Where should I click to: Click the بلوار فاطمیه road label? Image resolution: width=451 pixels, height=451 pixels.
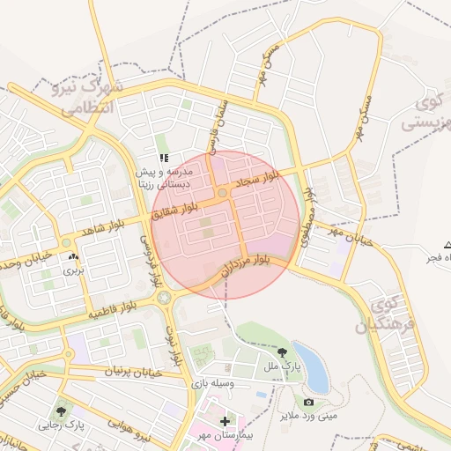point(112,308)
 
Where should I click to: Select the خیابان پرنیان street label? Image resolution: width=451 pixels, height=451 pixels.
point(136,372)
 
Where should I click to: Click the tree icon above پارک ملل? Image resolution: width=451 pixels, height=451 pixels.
point(281,352)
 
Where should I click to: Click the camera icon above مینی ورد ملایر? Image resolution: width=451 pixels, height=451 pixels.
point(308,403)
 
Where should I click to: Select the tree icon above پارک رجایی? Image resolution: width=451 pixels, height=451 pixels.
point(61,410)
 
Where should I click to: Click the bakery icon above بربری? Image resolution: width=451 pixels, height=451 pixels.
point(72,258)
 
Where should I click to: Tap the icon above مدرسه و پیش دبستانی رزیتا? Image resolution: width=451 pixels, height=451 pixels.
point(163,158)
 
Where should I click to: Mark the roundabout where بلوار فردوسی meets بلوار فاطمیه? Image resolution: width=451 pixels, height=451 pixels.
point(163,299)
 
